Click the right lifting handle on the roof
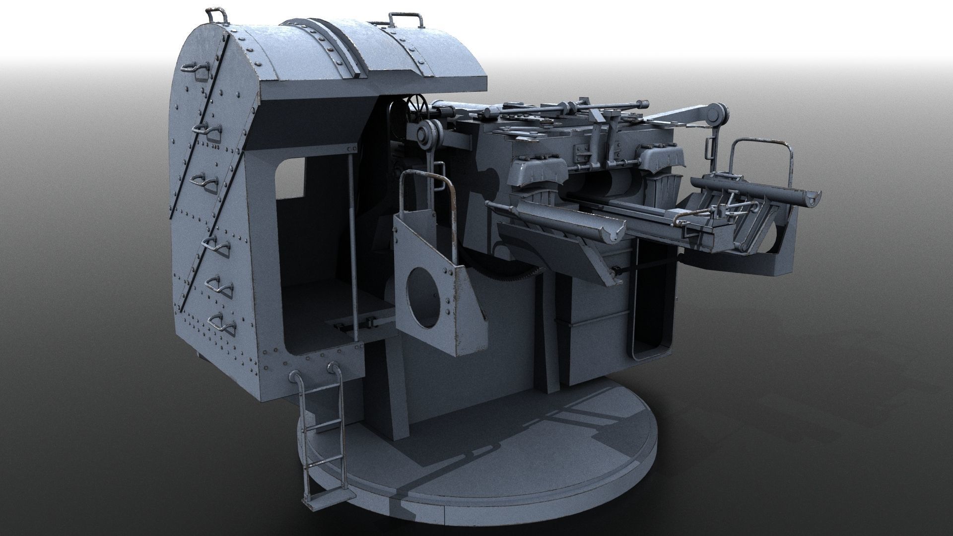pos(406,20)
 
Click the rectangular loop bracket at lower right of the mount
pos(650,342)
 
